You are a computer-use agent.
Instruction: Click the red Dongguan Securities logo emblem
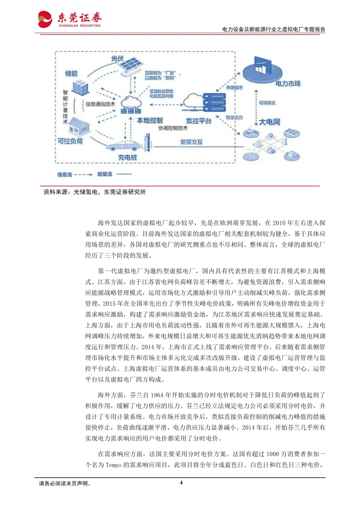[x=45, y=19]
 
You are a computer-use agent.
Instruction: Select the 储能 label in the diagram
[x=71, y=73]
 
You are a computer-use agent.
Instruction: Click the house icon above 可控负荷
[x=79, y=126]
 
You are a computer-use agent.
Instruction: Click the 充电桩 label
[x=127, y=157]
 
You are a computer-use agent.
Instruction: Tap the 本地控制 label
[x=149, y=120]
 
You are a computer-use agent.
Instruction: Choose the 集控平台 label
[x=199, y=121]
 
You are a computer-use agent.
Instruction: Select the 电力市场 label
[x=288, y=83]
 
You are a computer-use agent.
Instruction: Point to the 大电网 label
[x=270, y=122]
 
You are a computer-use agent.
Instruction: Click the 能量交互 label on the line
[x=191, y=142]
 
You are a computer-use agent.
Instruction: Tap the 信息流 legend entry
[x=65, y=174]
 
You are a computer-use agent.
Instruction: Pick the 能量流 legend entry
[x=105, y=174]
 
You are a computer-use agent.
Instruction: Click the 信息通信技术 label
[x=100, y=104]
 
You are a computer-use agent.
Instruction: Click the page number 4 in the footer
[x=181, y=482]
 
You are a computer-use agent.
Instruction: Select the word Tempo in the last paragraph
[x=113, y=465]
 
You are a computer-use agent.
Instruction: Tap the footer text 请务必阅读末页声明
[x=65, y=483]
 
